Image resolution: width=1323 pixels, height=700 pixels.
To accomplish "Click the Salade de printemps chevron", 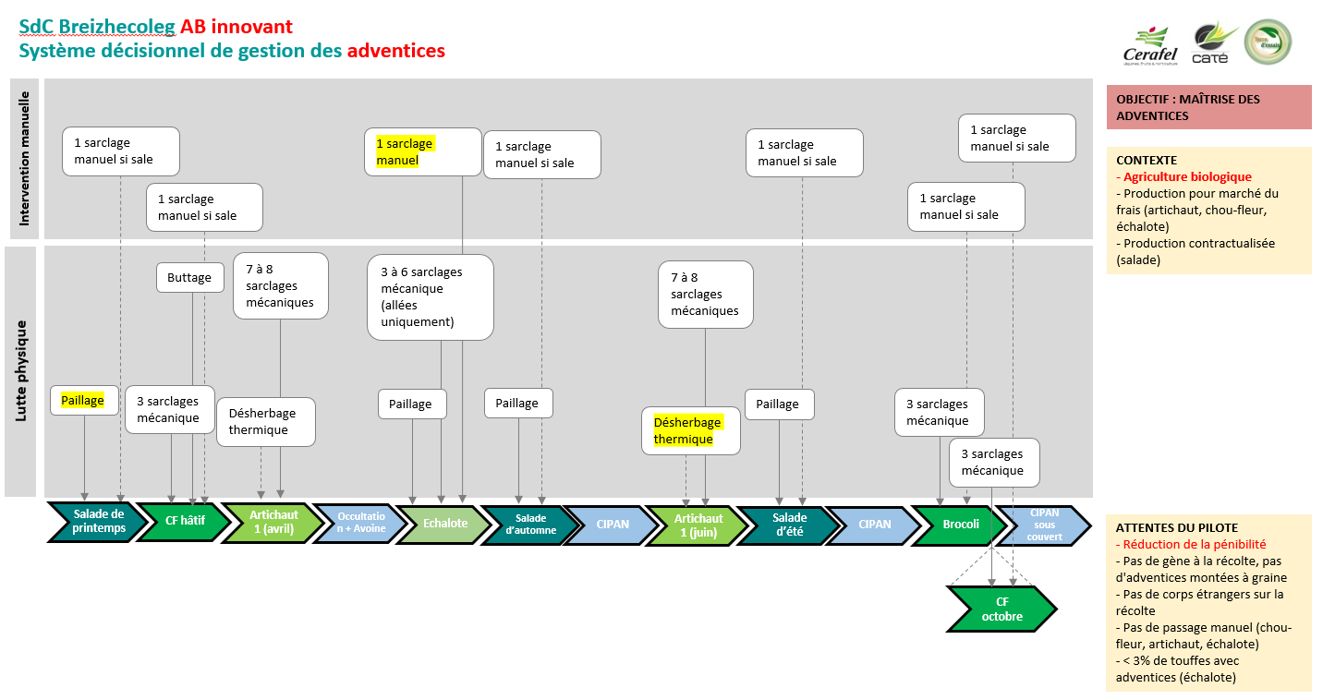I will (98, 522).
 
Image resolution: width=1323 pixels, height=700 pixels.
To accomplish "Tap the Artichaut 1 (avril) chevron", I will (273, 522).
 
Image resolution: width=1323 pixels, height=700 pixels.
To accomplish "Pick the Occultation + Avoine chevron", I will (361, 522).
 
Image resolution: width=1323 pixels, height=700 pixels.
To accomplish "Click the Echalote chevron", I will (444, 523).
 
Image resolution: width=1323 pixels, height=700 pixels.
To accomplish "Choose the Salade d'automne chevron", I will (530, 524).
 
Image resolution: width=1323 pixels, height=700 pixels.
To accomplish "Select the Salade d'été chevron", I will (789, 524).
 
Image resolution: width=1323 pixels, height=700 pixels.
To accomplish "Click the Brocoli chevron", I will (960, 524).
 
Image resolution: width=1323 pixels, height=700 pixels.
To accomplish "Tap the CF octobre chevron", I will (1001, 609).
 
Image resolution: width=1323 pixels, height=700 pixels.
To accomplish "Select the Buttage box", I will (189, 277).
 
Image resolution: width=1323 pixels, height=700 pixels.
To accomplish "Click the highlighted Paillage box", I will (84, 400).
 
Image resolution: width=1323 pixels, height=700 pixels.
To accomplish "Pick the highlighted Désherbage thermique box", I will (691, 430).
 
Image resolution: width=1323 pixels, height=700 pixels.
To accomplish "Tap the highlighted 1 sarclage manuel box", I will (422, 151).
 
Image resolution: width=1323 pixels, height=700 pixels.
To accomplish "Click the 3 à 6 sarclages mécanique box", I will (430, 296).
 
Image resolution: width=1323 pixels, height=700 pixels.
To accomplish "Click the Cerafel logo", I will (1149, 44).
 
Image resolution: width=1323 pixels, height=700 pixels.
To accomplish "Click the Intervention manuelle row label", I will (24, 158).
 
